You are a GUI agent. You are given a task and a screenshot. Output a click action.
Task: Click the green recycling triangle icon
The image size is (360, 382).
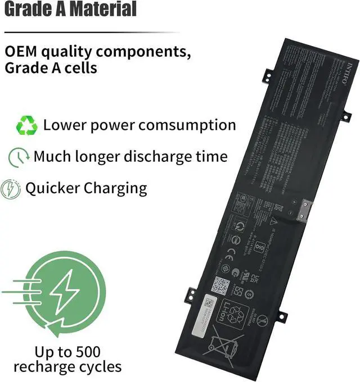26,125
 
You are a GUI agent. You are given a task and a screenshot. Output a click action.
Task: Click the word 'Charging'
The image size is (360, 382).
115,188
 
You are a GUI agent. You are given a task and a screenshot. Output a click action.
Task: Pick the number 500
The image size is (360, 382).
87,352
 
